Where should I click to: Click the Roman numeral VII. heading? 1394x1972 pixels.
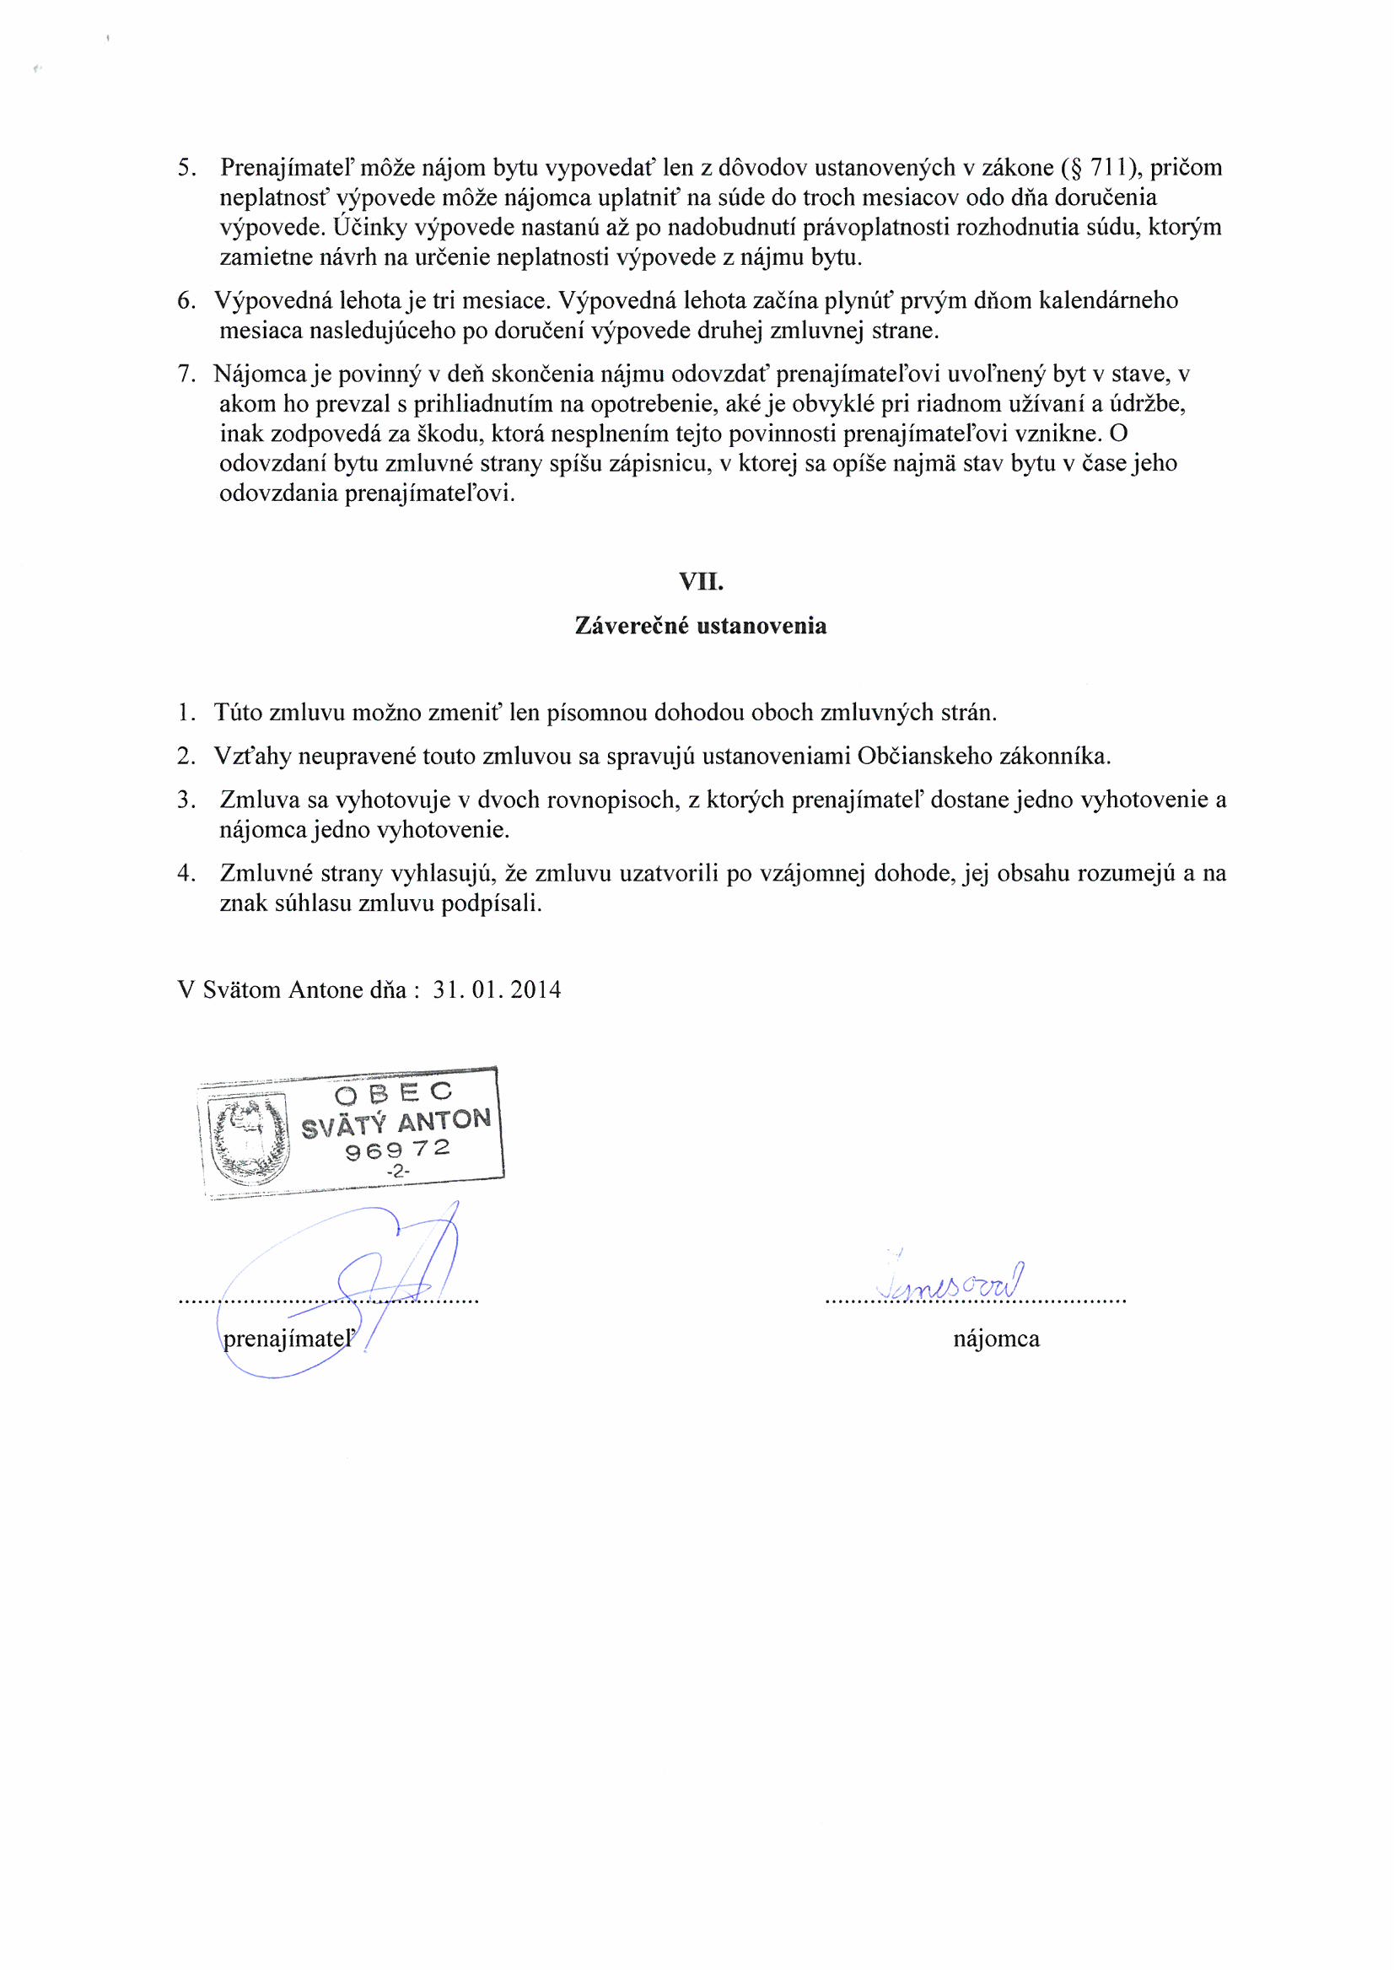click(x=700, y=582)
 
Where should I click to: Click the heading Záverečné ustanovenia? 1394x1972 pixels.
click(x=700, y=626)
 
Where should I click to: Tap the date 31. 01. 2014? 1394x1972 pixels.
click(x=498, y=990)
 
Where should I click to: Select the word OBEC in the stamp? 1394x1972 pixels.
click(x=393, y=1093)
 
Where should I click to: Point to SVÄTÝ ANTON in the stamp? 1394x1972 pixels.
click(x=396, y=1122)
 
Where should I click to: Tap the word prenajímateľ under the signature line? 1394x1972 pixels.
click(x=288, y=1339)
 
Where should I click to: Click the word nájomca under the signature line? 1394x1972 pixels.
click(x=996, y=1339)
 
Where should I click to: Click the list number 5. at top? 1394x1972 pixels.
click(x=187, y=168)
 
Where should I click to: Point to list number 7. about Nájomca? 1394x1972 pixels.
click(x=187, y=374)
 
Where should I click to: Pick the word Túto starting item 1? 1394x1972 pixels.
click(x=238, y=713)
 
